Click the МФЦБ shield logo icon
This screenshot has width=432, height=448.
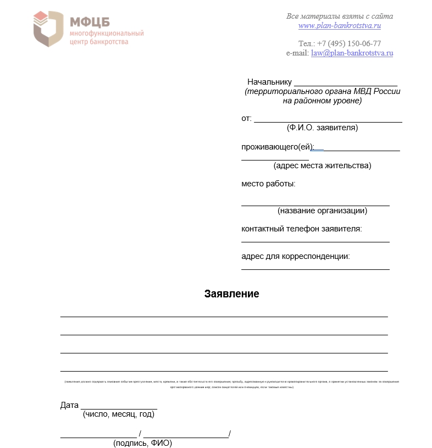click(x=48, y=28)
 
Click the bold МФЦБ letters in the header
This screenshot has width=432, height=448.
click(x=90, y=21)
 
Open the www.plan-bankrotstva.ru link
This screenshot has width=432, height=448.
click(x=340, y=25)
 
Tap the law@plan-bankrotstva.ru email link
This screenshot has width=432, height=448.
click(x=352, y=53)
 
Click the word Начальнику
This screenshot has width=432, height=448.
click(x=269, y=82)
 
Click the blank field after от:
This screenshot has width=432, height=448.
click(x=328, y=119)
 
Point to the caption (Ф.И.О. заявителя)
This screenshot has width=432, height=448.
click(x=322, y=128)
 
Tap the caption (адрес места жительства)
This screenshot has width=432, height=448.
click(x=322, y=165)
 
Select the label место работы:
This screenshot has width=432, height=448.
click(x=268, y=184)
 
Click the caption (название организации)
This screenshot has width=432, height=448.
click(x=322, y=211)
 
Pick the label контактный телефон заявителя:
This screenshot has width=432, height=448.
click(x=301, y=229)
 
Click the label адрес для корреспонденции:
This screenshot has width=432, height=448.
click(x=296, y=256)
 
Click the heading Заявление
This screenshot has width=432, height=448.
click(x=231, y=294)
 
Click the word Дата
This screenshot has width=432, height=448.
click(x=69, y=406)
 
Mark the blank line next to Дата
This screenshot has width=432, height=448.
click(x=119, y=408)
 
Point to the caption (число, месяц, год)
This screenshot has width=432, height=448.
click(x=118, y=414)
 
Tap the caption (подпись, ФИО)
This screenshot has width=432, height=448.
click(x=142, y=443)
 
